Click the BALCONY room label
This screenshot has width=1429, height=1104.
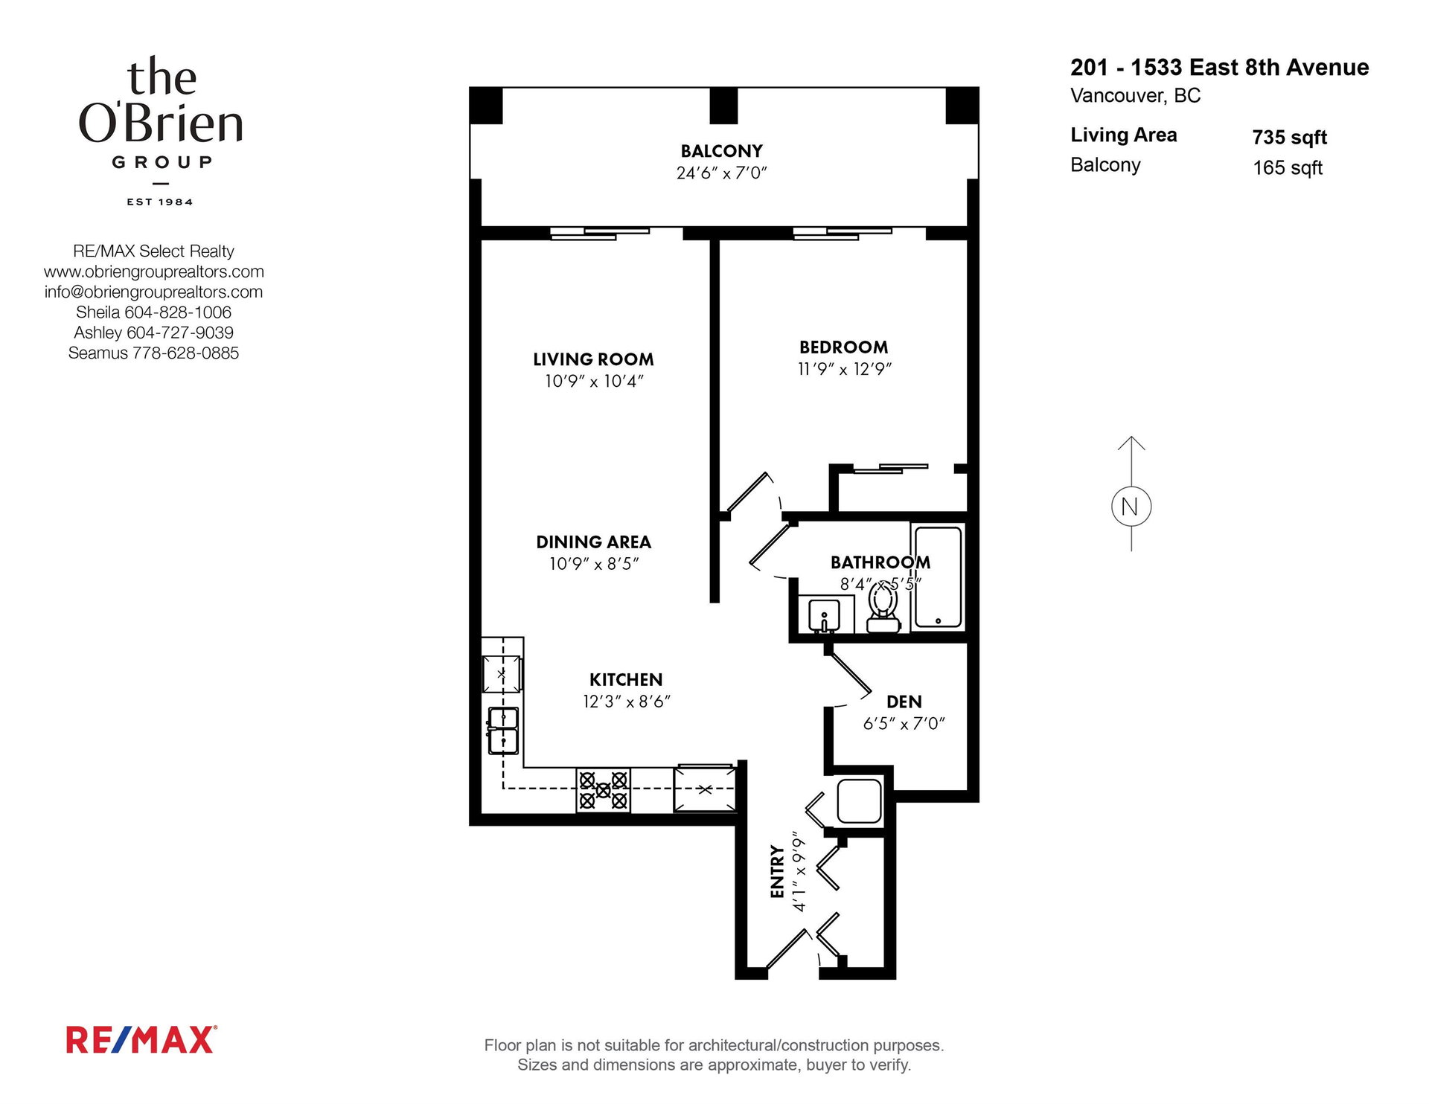pyautogui.click(x=721, y=151)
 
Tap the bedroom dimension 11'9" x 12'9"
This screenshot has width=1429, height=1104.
pyautogui.click(x=844, y=369)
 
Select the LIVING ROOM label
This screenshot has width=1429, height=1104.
pyautogui.click(x=593, y=359)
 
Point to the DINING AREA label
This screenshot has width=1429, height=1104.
pyautogui.click(x=593, y=542)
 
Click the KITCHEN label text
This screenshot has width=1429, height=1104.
pyautogui.click(x=626, y=680)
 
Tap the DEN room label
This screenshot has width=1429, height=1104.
pyautogui.click(x=904, y=702)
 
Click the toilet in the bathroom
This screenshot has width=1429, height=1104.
pyautogui.click(x=883, y=608)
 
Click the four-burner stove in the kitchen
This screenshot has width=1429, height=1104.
pyautogui.click(x=603, y=790)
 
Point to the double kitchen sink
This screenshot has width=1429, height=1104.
pyautogui.click(x=503, y=731)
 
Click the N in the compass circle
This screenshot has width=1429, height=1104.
pyautogui.click(x=1130, y=507)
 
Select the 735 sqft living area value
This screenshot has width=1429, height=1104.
pyautogui.click(x=1290, y=138)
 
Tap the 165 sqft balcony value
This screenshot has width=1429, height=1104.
pyautogui.click(x=1288, y=168)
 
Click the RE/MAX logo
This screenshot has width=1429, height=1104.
pyautogui.click(x=141, y=1040)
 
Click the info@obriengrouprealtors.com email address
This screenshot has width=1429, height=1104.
pyautogui.click(x=153, y=292)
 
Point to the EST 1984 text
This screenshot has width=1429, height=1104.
pyautogui.click(x=160, y=202)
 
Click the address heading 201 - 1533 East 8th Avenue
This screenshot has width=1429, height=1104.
pyautogui.click(x=1219, y=68)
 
